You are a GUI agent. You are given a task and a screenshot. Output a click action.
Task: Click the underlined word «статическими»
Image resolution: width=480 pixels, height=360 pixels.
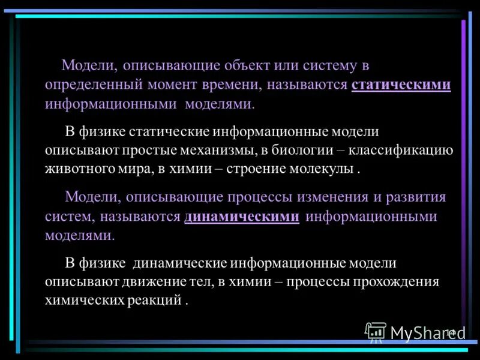[401, 85]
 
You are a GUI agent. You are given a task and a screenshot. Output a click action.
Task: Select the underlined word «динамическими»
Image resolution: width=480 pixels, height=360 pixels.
[241, 216]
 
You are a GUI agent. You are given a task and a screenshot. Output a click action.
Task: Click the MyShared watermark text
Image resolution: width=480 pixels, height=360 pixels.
[428, 333]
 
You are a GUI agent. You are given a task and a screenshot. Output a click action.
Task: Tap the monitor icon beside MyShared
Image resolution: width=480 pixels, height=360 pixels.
[376, 332]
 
